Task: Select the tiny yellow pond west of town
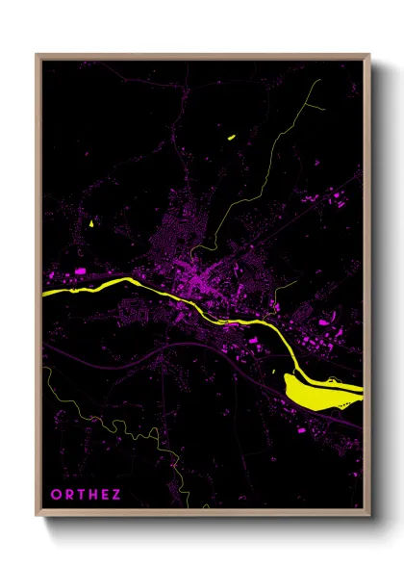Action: coord(92,224)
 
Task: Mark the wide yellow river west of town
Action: coord(87,286)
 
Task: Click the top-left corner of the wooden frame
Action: coord(38,56)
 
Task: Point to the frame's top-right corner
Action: coord(368,56)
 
